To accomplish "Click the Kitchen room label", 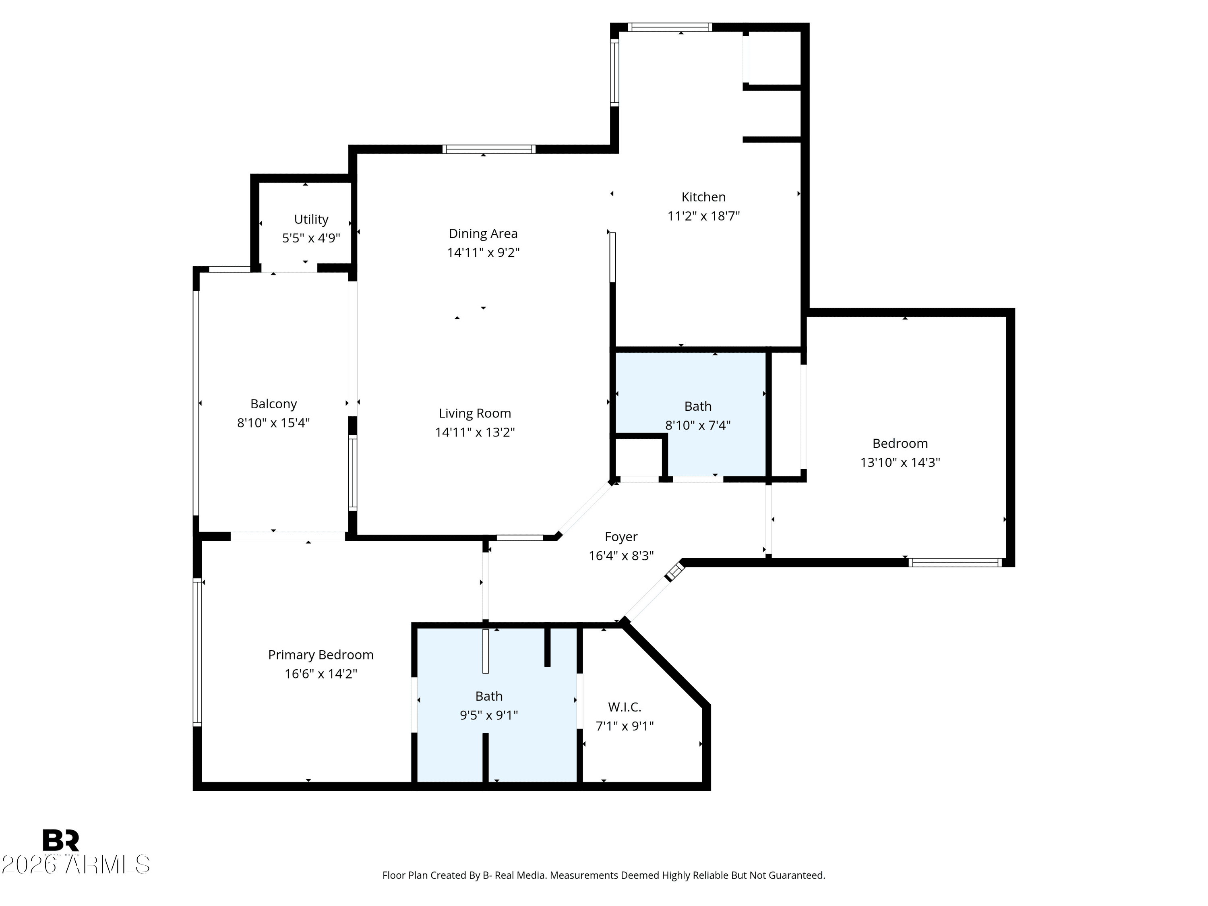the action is coord(703,197).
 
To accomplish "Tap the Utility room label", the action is coord(311,219).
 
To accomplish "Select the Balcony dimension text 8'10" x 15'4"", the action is coord(273,423).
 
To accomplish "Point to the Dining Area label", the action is coord(483,234).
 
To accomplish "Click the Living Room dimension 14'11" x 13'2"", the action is coord(475,432).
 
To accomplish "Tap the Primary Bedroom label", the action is coord(321,655).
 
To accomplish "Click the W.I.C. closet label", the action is coord(625,707).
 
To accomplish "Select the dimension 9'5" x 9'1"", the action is coord(489,715).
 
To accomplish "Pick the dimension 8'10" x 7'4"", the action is coord(698,425).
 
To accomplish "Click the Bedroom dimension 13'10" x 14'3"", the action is coord(900,462).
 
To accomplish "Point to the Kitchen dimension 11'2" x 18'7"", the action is coord(703,216).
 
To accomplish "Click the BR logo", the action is coord(61,840).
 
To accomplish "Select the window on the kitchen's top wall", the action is coord(670,27).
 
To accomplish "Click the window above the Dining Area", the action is coord(489,149).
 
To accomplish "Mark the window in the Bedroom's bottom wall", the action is coord(955,563).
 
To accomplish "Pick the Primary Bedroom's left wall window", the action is coord(197,652).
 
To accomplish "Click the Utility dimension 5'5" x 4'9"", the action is coord(311,238).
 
